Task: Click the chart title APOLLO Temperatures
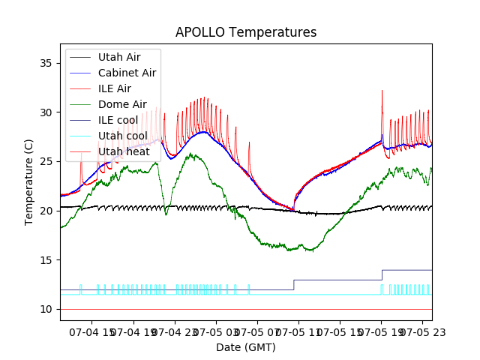pyautogui.click(x=246, y=33)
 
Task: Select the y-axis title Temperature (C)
pyautogui.click(x=29, y=182)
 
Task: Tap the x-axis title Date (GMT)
pyautogui.click(x=246, y=347)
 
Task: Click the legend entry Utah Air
pyautogui.click(x=118, y=57)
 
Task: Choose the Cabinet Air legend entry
pyautogui.click(x=127, y=73)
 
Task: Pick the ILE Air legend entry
pyautogui.click(x=114, y=88)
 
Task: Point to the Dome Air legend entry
pyautogui.click(x=122, y=105)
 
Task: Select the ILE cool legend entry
pyautogui.click(x=118, y=121)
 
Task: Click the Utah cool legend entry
pyautogui.click(x=122, y=136)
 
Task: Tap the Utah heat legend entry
pyautogui.click(x=122, y=152)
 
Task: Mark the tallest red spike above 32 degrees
pyautogui.click(x=382, y=91)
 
